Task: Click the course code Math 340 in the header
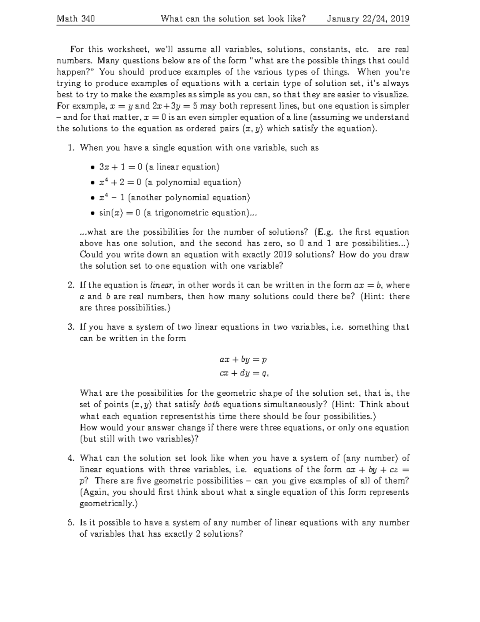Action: [76, 19]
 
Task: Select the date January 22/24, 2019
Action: [368, 19]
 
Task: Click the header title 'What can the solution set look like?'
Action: [233, 19]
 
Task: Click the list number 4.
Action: [70, 458]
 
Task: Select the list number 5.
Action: [70, 523]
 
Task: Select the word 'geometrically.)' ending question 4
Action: [108, 503]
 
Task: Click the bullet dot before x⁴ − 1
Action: [92, 198]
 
